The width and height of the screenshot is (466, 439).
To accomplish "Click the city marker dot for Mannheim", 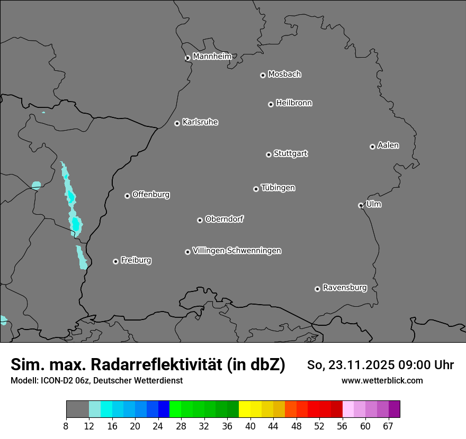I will click(187, 58).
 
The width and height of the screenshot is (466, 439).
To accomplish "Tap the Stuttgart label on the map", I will click(290, 154).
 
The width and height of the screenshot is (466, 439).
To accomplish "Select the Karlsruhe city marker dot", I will click(177, 124).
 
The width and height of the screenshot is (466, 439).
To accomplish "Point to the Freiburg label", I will click(136, 260).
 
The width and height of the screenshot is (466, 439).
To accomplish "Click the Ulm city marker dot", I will click(361, 205).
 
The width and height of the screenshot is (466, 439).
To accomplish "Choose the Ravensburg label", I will click(344, 288).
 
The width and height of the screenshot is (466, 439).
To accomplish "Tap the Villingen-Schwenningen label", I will click(237, 251).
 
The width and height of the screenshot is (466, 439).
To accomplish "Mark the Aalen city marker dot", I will click(373, 147).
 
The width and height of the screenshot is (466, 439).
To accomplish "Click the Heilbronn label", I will click(294, 103).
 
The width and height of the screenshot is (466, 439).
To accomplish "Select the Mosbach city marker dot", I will click(263, 75).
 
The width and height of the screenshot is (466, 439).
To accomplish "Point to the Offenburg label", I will click(151, 195).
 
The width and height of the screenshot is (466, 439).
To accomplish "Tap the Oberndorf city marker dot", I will click(200, 220).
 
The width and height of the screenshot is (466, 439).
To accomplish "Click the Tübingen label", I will click(278, 188).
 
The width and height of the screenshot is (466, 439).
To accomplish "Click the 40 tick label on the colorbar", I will click(250, 426).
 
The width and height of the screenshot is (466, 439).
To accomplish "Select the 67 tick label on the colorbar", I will click(389, 426).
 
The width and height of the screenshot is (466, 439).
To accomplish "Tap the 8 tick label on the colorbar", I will click(66, 426).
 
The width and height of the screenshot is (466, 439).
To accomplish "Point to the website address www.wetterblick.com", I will click(382, 380).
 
